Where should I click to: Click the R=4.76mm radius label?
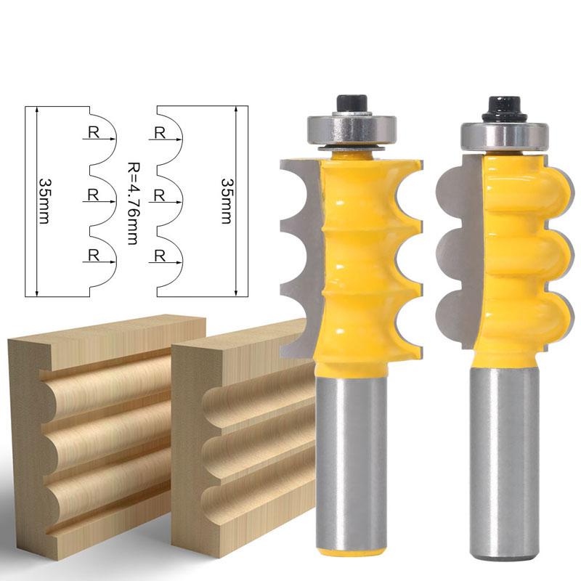[133, 203]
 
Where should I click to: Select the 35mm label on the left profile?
[44, 201]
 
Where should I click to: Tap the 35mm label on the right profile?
[226, 201]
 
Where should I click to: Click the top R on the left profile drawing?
[94, 132]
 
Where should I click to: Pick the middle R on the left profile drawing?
[94, 195]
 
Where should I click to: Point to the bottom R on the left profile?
[94, 256]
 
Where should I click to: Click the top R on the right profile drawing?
[160, 133]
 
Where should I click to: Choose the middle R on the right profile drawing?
[159, 195]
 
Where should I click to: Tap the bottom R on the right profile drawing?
[159, 256]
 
